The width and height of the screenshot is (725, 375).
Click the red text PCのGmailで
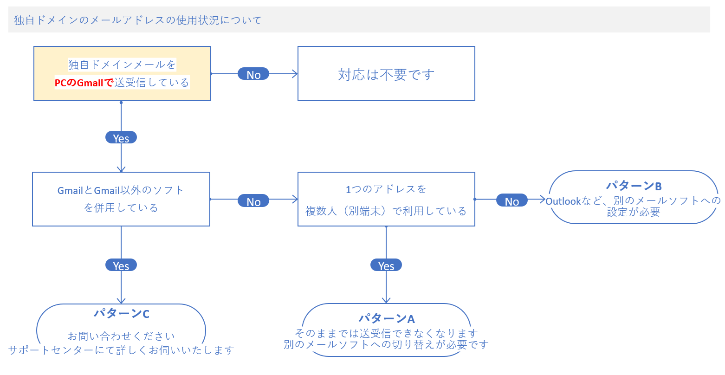coord(84,83)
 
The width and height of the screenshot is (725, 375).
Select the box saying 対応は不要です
coord(386,74)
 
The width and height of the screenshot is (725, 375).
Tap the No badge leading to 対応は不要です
coord(253,74)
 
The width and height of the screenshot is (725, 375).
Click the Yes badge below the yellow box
coord(121,138)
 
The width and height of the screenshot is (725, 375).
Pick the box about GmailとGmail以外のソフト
coord(121,199)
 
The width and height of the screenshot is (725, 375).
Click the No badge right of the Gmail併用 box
coord(253,201)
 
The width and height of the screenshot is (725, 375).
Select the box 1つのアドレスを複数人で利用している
coord(386,200)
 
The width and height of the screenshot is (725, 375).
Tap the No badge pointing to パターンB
coord(511,200)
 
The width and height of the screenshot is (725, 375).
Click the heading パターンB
coord(634,186)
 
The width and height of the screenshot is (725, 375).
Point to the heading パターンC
coord(122,314)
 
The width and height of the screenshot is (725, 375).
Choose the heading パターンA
coord(386,318)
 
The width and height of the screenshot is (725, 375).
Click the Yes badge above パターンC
coord(121,265)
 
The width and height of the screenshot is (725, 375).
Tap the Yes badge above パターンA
coord(386,265)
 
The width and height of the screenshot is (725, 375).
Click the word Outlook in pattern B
coord(563,201)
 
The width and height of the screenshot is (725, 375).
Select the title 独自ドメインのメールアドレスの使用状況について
coord(138,20)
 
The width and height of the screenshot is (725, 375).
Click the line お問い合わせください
coord(122,336)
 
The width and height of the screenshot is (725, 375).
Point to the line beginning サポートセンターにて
coord(122,350)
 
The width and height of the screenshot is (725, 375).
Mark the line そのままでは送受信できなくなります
coord(386,333)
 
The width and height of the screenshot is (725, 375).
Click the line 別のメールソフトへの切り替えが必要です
coord(386,344)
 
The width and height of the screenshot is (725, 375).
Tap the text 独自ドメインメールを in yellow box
coord(122,65)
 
